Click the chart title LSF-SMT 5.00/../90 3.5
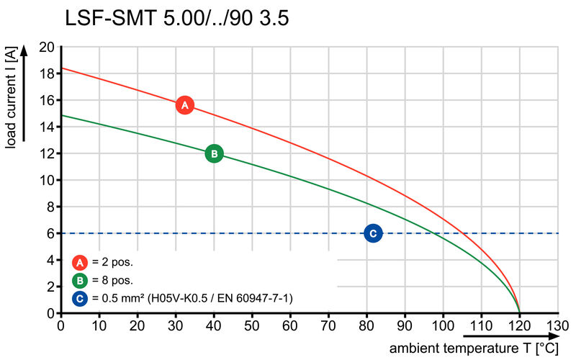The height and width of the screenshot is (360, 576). click(177, 19)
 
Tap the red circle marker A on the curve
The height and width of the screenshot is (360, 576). click(185, 105)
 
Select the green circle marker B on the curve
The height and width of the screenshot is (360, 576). click(214, 153)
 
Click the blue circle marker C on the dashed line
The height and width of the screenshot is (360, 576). click(372, 233)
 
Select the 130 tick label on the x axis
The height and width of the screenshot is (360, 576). click(557, 326)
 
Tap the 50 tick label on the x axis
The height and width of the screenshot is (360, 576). click(252, 326)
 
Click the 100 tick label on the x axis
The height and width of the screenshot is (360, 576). click(443, 326)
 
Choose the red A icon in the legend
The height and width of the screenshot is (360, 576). click(81, 262)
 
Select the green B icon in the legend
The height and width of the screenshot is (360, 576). click(81, 280)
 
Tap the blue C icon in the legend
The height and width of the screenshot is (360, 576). click(81, 297)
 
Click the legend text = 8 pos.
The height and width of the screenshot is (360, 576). click(112, 280)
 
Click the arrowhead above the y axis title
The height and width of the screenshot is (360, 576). click(24, 50)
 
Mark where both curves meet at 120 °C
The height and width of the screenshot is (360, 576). click(519, 312)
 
